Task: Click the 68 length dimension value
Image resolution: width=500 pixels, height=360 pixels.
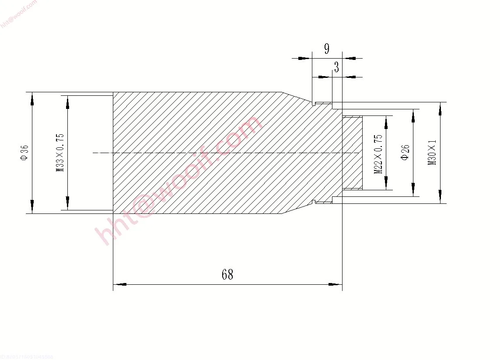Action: point(227,275)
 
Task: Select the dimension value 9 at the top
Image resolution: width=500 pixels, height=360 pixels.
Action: point(327,49)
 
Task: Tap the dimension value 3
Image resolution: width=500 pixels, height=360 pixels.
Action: point(336,67)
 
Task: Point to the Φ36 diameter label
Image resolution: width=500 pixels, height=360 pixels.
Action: point(24,153)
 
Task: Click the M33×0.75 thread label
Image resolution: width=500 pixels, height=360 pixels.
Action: point(60,153)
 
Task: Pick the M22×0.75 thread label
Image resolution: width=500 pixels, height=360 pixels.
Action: point(379,154)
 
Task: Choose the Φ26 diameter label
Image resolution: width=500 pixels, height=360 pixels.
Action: point(405,153)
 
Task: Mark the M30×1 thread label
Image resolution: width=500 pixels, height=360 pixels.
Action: point(433,153)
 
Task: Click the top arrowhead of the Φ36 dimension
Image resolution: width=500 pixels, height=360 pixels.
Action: point(32,99)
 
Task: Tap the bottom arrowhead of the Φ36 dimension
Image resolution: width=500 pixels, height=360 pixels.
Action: point(32,206)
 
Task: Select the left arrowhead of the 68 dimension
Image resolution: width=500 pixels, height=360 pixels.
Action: point(120,284)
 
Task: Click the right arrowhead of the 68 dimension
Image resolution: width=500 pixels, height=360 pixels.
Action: point(335,284)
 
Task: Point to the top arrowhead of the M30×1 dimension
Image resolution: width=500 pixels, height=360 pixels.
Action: point(440,108)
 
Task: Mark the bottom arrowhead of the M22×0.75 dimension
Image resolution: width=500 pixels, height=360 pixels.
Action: point(386,184)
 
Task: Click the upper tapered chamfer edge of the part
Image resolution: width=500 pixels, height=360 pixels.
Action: point(297,97)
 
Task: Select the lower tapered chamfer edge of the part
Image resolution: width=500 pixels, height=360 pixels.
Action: point(297,209)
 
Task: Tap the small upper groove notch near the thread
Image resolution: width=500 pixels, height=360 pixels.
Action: point(314,104)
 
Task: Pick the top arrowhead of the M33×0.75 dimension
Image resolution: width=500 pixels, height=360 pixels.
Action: point(67,102)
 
